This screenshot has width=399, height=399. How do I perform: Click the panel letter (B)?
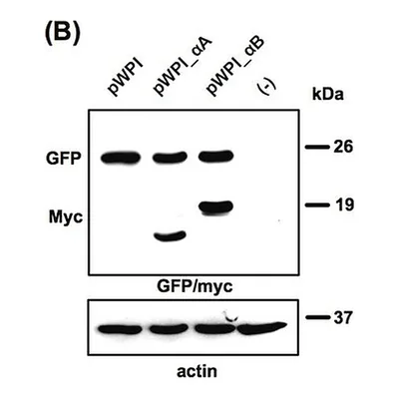(x=62, y=34)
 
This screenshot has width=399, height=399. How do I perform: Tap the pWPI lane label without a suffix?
(x=126, y=77)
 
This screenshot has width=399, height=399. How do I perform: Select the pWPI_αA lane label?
(x=183, y=67)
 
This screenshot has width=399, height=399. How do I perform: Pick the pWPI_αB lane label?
(x=235, y=67)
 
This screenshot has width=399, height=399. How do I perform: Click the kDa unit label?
(x=327, y=95)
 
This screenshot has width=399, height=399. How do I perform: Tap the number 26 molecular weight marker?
(x=343, y=147)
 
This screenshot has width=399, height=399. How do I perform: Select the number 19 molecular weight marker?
(x=344, y=204)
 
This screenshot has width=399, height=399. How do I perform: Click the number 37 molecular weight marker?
(x=342, y=317)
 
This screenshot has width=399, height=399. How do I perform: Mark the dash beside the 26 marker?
(x=317, y=147)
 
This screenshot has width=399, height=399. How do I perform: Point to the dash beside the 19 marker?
(x=317, y=204)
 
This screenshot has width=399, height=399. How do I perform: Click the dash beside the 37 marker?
(x=317, y=317)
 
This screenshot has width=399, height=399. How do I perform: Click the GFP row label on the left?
(x=63, y=159)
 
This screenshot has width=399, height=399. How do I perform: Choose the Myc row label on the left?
(x=66, y=217)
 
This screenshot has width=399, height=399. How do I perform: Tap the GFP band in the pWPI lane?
(x=121, y=158)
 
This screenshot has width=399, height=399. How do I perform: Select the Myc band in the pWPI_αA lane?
(x=170, y=236)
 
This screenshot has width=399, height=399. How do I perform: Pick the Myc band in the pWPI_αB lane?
(x=216, y=207)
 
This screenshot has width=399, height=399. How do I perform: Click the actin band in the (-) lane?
(x=262, y=328)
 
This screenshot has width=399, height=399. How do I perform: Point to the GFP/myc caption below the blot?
(x=195, y=286)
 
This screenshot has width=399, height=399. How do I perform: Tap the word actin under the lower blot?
(x=197, y=371)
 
